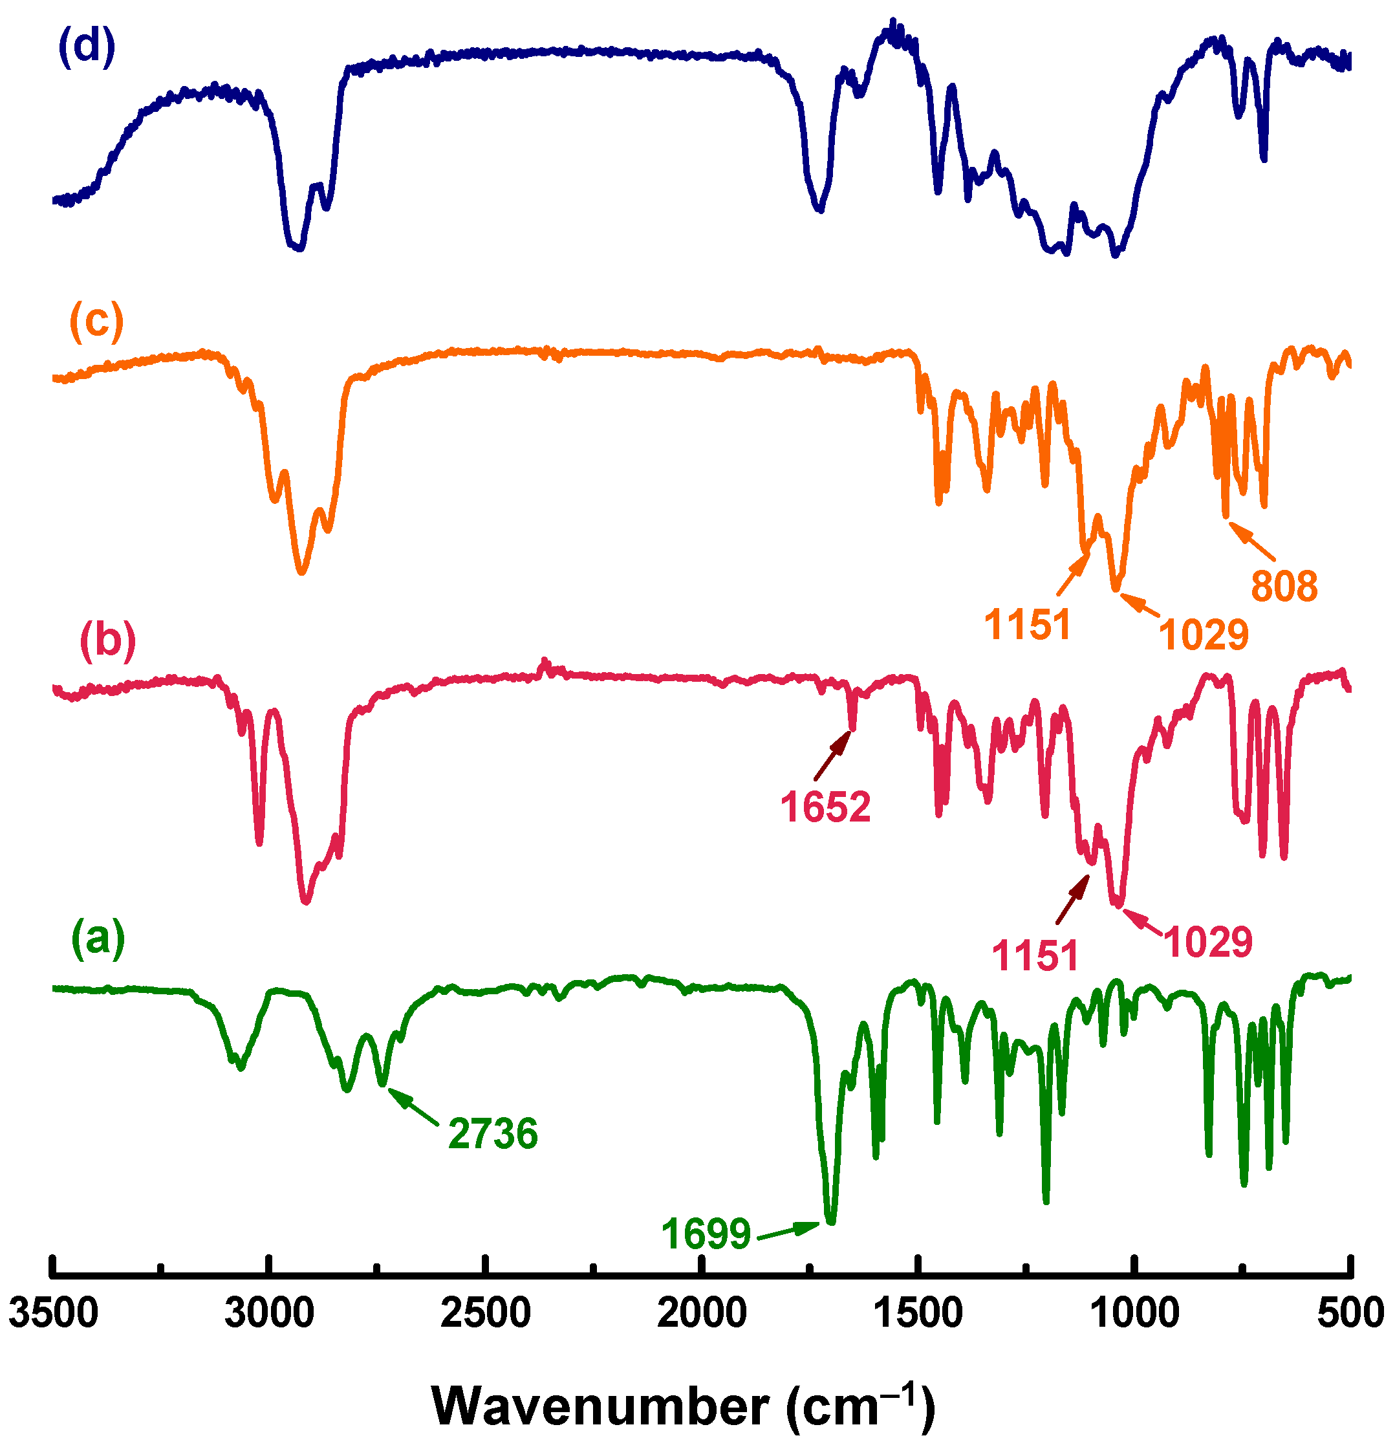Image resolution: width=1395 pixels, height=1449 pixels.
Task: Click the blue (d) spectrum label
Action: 87,47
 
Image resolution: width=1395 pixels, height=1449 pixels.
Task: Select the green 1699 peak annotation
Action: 706,1233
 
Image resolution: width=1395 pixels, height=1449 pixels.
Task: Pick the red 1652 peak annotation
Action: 826,807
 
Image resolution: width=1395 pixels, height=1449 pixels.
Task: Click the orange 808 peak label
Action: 1284,586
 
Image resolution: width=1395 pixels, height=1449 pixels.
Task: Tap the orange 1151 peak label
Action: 1028,626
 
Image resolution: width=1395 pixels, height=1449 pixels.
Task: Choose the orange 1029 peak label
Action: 1204,635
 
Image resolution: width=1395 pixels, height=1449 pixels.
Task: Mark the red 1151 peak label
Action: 1035,956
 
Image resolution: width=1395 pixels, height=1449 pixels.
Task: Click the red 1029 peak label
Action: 1208,942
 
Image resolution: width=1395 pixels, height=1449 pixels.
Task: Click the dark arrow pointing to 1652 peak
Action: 832,756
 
